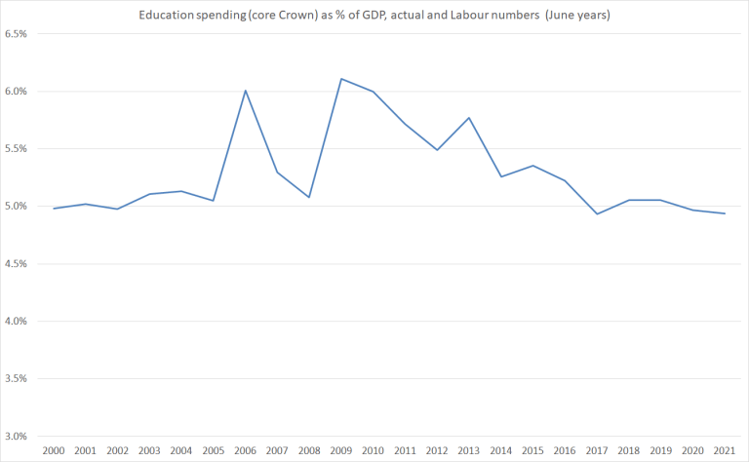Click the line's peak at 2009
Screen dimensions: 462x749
point(340,79)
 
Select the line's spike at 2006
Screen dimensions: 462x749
point(245,91)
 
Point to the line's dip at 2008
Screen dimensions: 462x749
point(309,197)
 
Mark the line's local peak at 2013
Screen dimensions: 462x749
point(468,118)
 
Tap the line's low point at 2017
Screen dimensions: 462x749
point(596,213)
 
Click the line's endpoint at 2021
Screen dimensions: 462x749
point(724,213)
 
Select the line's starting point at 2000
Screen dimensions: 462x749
point(54,209)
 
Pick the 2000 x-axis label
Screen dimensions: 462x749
point(54,451)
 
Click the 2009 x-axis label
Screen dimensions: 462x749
point(340,451)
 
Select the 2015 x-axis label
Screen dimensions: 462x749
point(532,451)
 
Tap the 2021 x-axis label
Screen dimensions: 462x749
point(724,451)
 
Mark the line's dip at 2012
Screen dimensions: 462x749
point(437,149)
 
